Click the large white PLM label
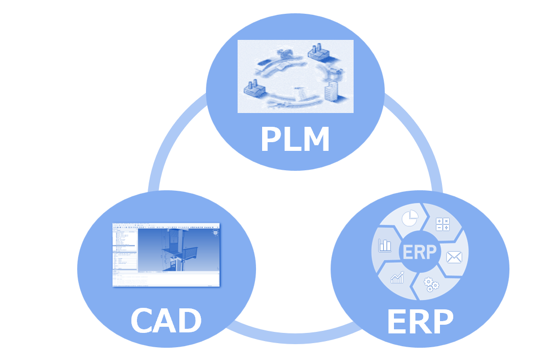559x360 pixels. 295,139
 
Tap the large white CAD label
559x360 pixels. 166,321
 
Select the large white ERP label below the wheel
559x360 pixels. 420,321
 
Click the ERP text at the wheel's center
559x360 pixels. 420,252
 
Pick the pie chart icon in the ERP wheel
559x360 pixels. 408,219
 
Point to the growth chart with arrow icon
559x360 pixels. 397,278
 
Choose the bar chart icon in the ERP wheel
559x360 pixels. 384,245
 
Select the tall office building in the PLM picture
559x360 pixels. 332,91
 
